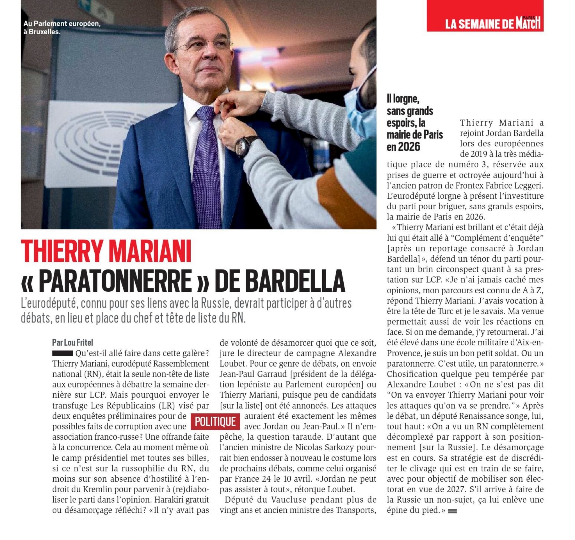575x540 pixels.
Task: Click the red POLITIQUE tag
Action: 215,422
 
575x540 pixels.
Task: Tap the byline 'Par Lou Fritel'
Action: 73,343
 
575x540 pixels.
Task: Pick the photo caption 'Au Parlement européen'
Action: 62,24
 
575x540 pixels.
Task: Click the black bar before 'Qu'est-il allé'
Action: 63,353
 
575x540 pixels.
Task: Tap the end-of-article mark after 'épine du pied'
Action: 452,511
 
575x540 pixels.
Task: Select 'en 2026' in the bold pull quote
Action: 403,147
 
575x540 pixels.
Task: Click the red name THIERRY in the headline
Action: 62,251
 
